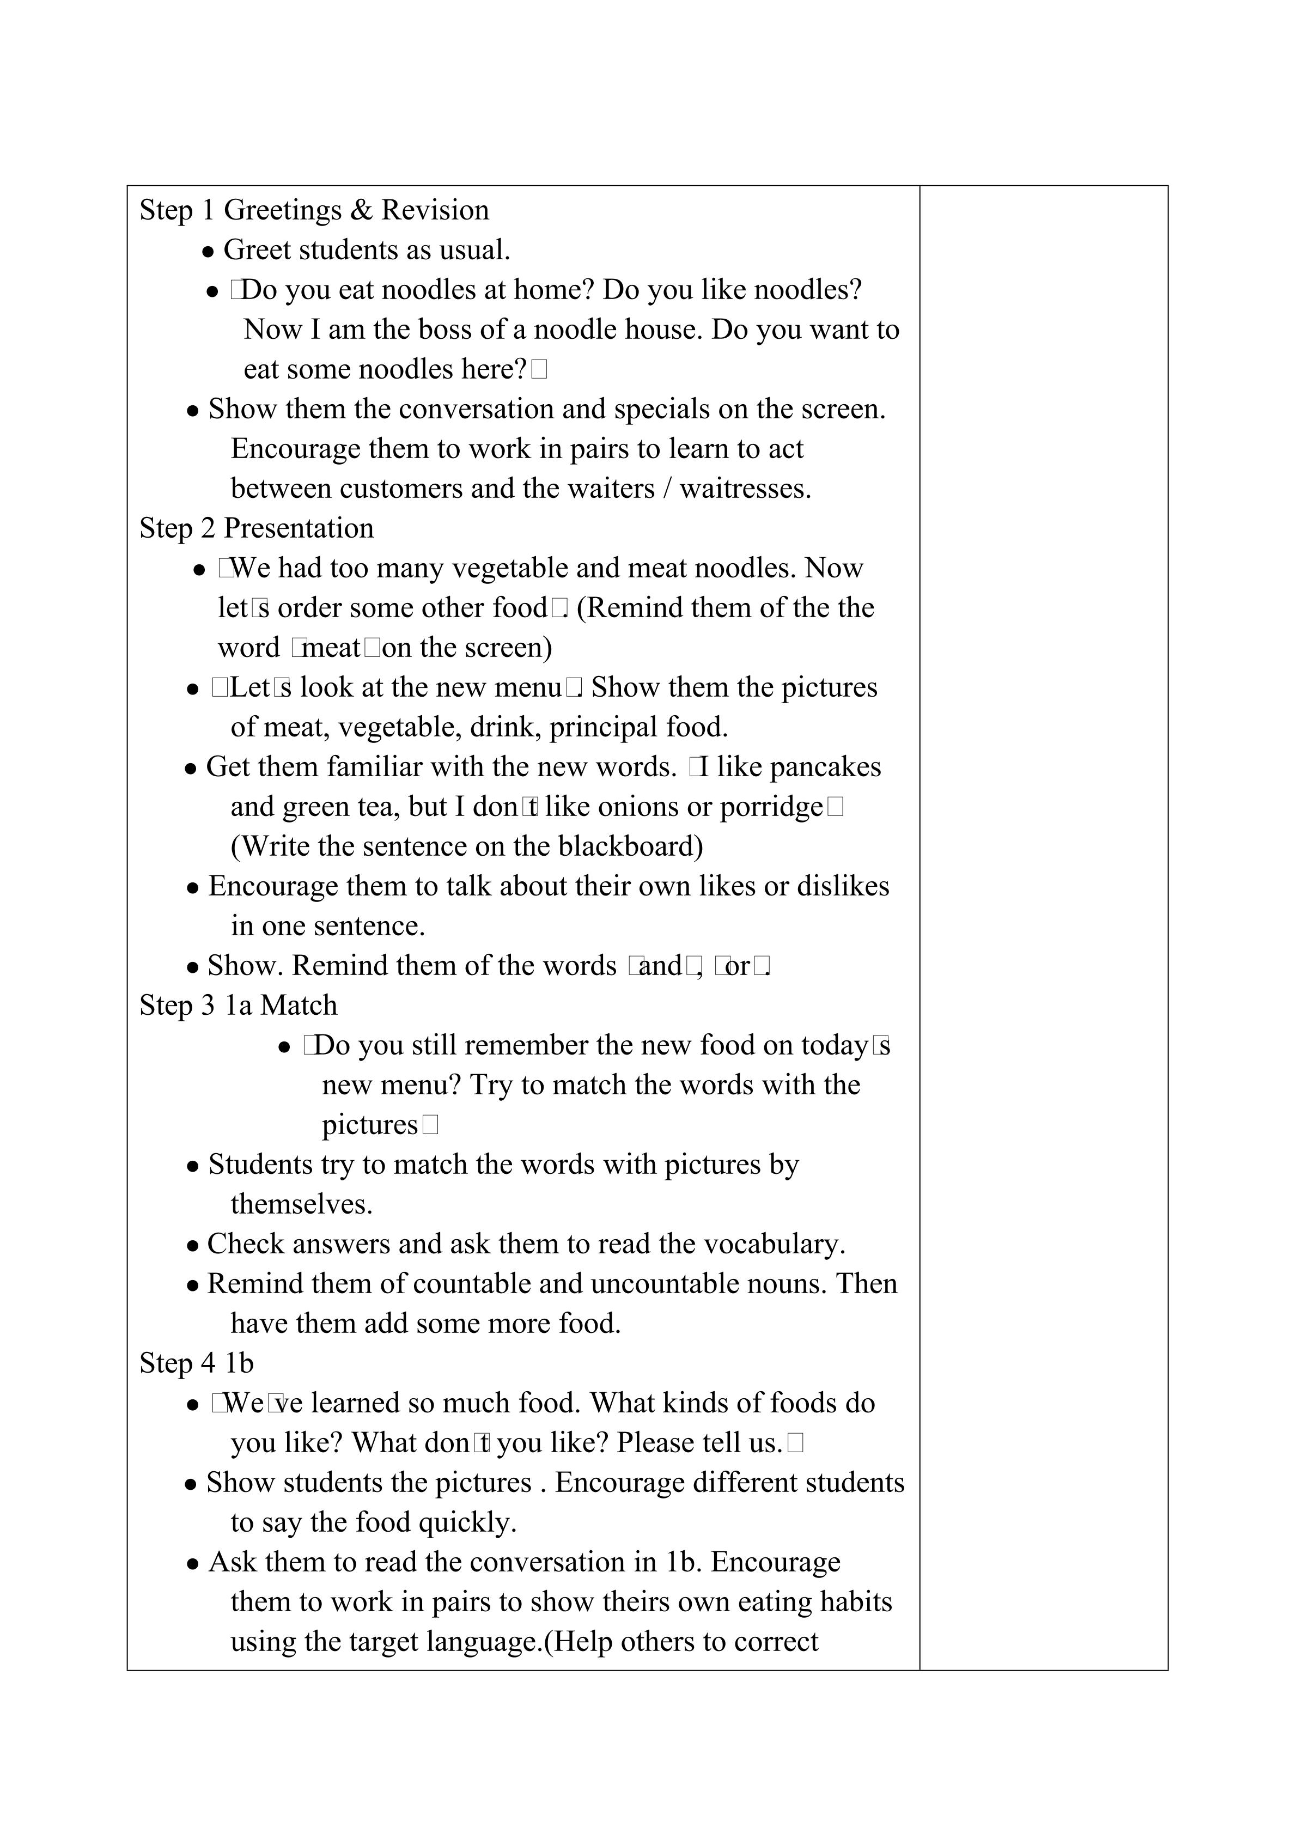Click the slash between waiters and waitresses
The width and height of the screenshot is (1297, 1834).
(x=667, y=488)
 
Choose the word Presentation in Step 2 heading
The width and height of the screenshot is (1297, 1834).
(x=299, y=528)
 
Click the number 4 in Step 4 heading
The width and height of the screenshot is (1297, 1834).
(x=209, y=1363)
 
